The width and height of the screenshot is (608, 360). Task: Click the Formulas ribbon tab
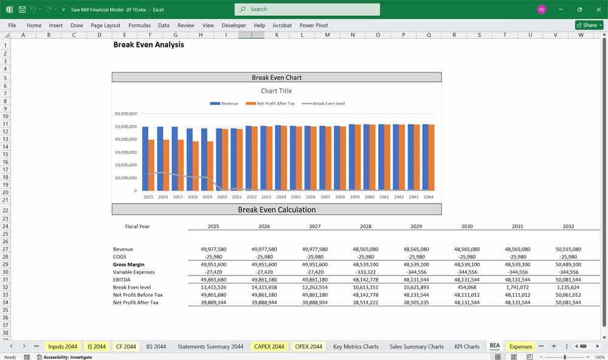139,26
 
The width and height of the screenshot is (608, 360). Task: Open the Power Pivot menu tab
313,26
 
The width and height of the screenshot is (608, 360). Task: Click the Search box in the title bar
307,9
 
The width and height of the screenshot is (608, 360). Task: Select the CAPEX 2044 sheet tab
269,347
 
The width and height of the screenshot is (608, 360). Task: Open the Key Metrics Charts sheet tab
356,347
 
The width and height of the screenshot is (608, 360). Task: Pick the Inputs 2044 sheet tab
63,347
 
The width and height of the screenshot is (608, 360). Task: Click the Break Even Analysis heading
148,44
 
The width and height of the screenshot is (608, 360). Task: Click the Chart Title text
276,91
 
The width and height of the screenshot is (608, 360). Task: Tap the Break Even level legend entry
328,103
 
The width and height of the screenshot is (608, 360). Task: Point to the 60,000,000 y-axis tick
125,114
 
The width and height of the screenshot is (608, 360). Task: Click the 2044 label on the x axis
428,197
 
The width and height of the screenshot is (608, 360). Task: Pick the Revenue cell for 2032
568,249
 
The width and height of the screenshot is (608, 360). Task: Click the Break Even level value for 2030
467,287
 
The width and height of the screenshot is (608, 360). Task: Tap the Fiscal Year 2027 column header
315,226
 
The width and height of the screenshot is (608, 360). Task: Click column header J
251,35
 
